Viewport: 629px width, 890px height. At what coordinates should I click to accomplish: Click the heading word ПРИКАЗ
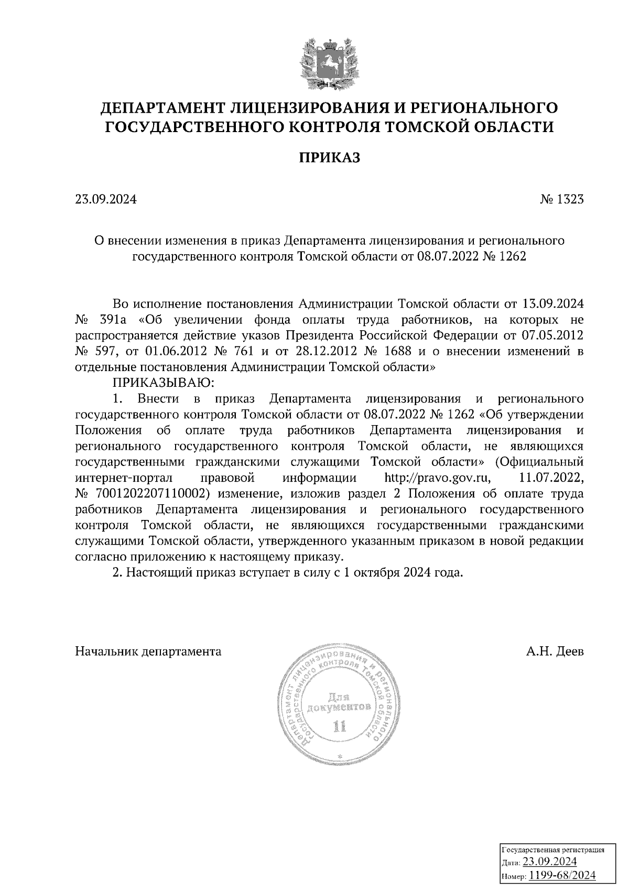click(x=330, y=158)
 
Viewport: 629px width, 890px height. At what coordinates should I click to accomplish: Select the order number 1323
click(x=570, y=200)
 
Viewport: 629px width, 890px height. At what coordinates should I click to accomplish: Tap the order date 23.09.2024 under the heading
click(x=106, y=200)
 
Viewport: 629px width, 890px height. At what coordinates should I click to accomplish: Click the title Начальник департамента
click(x=148, y=652)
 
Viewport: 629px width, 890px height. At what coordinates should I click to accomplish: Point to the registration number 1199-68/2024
click(x=562, y=875)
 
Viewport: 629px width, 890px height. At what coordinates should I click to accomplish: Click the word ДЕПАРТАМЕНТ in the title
click(x=164, y=108)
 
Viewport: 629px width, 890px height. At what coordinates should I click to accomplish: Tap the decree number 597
click(x=111, y=352)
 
